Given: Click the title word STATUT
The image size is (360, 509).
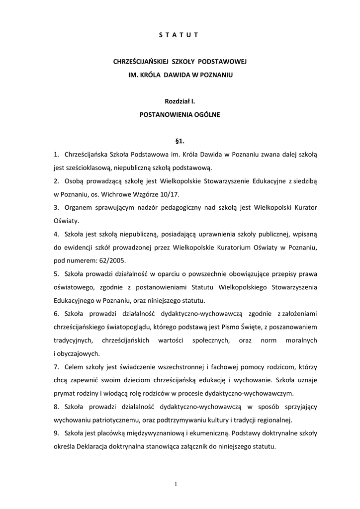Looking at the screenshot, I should tap(180, 35).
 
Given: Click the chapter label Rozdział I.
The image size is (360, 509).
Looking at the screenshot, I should tap(180, 101).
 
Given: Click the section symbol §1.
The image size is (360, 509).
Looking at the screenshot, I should tap(180, 141).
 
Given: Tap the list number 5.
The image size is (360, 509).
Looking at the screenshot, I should tap(56, 273).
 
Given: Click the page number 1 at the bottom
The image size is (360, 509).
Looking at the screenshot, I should tap(176, 485).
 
